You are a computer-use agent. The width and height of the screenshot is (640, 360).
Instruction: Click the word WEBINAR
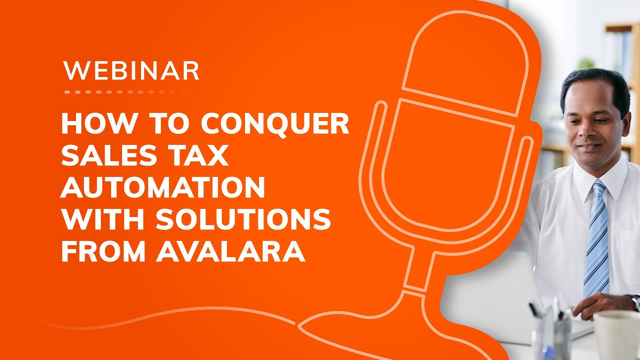point(131,71)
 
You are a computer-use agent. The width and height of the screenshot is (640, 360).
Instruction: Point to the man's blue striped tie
point(596,240)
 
